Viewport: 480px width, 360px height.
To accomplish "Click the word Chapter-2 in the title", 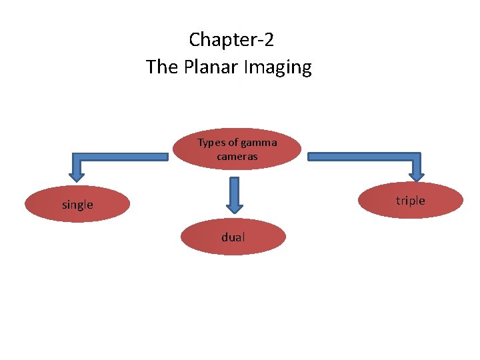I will click(x=231, y=40).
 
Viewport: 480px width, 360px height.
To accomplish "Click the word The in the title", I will click(x=160, y=67).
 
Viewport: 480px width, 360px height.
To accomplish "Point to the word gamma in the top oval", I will click(x=259, y=143).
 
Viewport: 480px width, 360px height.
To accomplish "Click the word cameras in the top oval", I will click(x=237, y=157).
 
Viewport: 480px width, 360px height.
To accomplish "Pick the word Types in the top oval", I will click(x=211, y=143).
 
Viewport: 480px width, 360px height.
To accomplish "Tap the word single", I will click(x=77, y=205).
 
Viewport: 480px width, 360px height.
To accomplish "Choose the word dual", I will click(x=233, y=237).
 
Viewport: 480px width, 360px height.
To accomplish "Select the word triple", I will click(x=410, y=201).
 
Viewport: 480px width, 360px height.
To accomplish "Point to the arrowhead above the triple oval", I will click(x=417, y=174).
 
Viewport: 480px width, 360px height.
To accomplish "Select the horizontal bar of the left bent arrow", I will click(x=120, y=157).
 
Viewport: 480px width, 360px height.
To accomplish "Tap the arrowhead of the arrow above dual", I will click(x=234, y=204).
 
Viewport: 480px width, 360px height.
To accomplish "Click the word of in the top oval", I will click(x=233, y=143).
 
